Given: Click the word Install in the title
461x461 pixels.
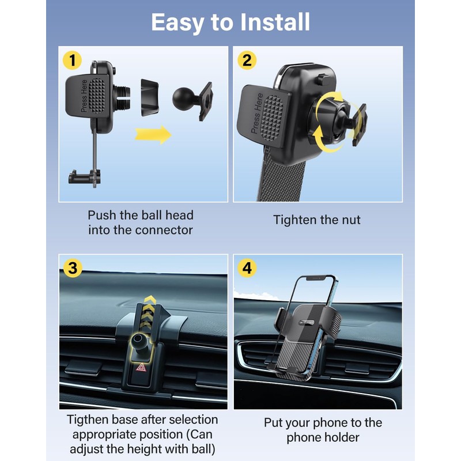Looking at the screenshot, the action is tap(275, 22).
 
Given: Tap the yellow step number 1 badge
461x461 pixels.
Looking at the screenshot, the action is tap(73, 61).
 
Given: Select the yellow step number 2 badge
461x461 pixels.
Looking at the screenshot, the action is tap(247, 61).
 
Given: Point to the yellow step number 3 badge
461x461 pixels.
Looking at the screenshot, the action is tap(73, 268).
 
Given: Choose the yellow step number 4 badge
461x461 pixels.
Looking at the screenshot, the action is tap(247, 268).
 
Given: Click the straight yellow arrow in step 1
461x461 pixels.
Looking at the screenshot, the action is tap(153, 135).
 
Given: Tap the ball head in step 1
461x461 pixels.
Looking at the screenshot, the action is tap(183, 99).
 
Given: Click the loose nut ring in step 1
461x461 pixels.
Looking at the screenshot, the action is tap(150, 97).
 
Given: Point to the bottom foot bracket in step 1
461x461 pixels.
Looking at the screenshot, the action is tap(84, 177).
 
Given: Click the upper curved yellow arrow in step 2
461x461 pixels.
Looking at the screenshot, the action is tap(329, 103).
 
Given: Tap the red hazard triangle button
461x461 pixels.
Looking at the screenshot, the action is tap(141, 367).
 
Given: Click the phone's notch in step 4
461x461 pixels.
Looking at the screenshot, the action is tap(316, 278).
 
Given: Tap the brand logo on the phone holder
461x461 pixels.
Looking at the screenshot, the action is tap(307, 322).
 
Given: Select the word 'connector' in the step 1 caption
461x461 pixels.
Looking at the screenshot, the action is tap(164, 230).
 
